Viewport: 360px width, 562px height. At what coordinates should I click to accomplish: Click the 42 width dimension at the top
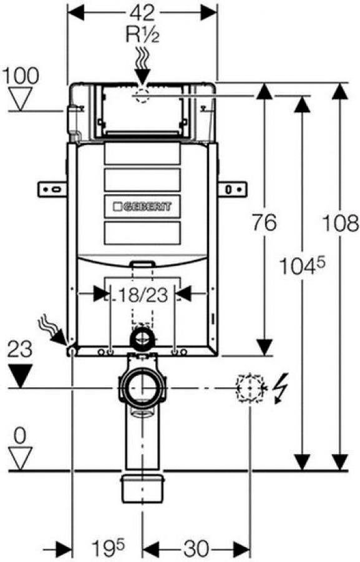[x=142, y=13]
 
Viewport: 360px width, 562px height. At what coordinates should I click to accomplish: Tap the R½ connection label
[x=142, y=35]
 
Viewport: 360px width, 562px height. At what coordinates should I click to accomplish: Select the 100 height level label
[x=21, y=76]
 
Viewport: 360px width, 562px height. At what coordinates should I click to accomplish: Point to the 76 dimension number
[x=265, y=222]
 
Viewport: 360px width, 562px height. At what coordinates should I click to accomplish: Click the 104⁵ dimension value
[x=302, y=266]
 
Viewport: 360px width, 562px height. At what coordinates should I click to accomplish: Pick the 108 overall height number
[x=341, y=223]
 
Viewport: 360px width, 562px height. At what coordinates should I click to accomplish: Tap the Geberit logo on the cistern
[x=142, y=207]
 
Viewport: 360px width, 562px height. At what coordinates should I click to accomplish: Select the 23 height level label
[x=20, y=349]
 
